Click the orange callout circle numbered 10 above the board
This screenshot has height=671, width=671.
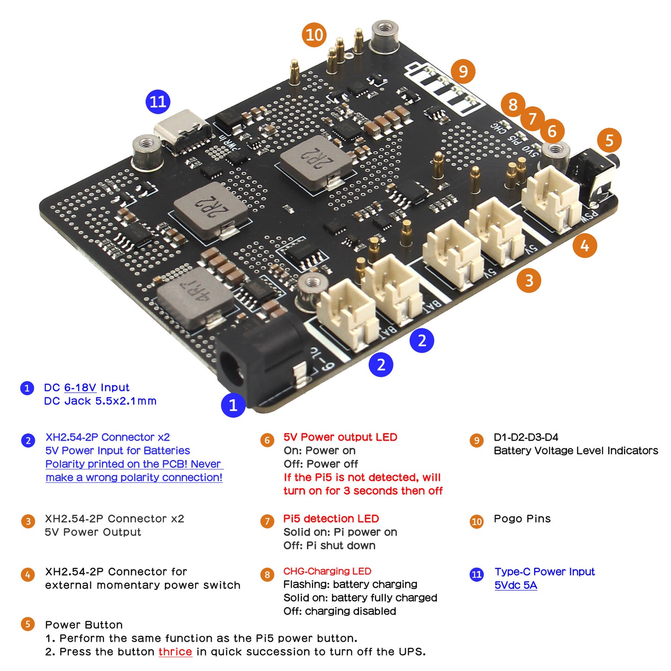(314, 35)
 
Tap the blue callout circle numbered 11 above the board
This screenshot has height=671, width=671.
(158, 102)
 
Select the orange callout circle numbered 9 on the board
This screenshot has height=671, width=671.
(463, 72)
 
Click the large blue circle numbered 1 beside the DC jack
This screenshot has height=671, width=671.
(233, 405)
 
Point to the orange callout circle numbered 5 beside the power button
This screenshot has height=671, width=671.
(609, 140)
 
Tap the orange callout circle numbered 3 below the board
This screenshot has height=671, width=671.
(529, 280)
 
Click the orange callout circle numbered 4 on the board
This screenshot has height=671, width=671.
(585, 245)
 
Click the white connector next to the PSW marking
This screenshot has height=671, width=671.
(552, 197)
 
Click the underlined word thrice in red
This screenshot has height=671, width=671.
(175, 651)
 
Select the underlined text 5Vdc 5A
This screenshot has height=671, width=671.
(515, 585)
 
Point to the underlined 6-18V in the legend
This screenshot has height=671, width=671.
(80, 387)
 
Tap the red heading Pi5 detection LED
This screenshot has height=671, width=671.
(331, 519)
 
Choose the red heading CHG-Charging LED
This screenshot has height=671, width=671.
(327, 571)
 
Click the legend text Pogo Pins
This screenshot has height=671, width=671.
(522, 519)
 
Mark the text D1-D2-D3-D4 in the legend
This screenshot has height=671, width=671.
(526, 437)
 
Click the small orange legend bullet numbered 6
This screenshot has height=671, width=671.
(267, 440)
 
